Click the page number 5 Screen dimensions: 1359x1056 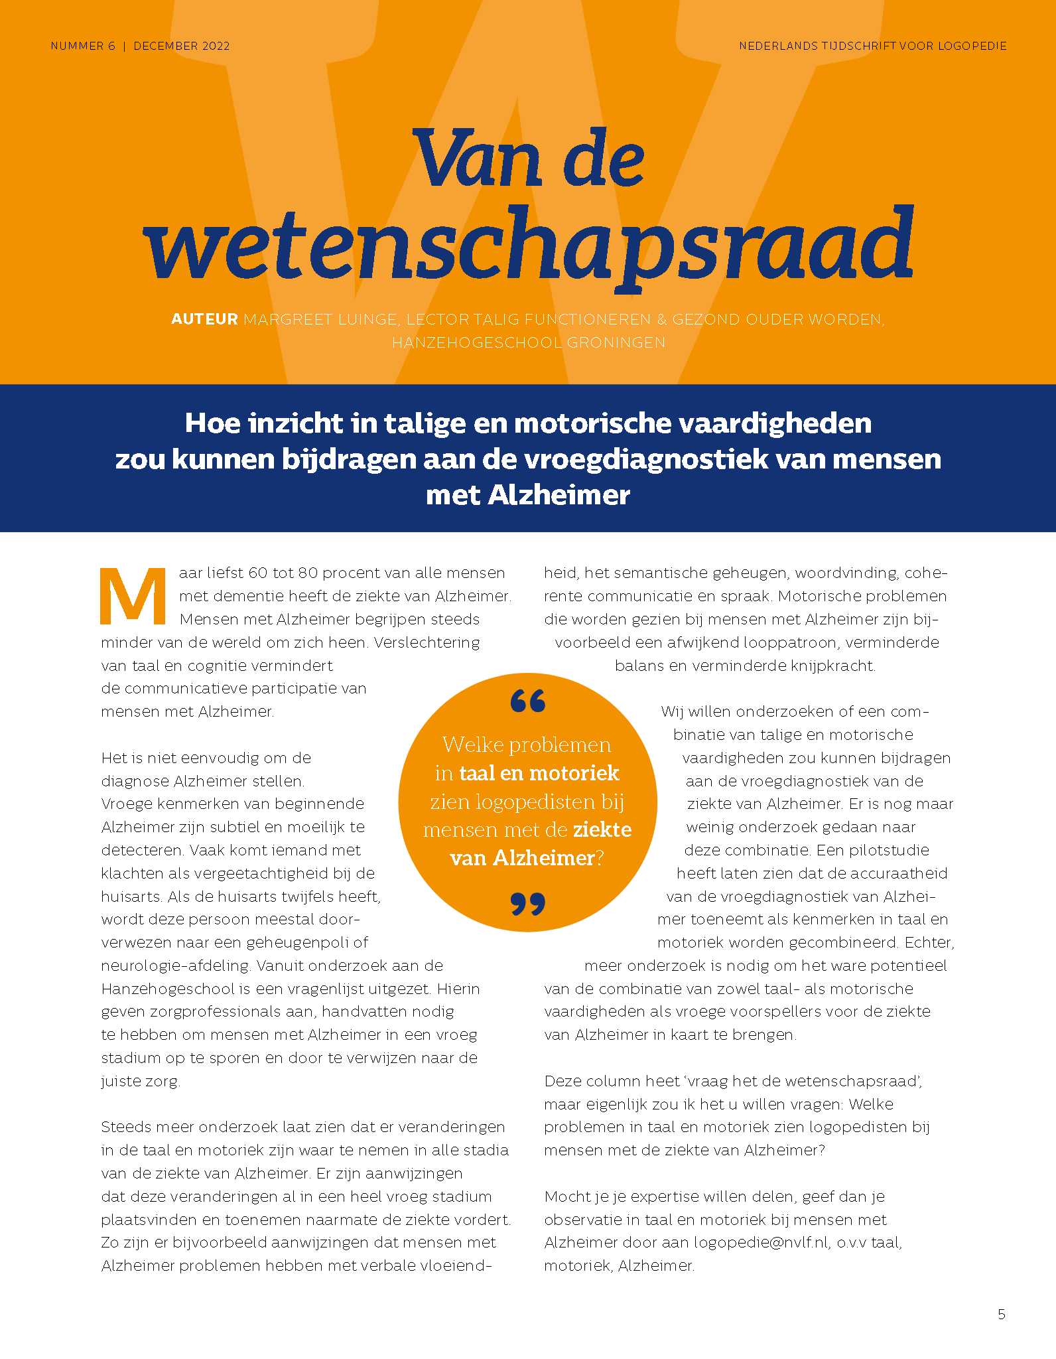tap(1002, 1314)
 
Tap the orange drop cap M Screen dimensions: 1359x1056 tap(133, 596)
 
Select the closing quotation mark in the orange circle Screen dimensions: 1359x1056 tap(528, 904)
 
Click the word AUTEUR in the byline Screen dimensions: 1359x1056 tap(204, 319)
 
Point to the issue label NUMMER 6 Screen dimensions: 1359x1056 tap(83, 46)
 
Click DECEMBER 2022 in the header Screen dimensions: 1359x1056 tap(182, 46)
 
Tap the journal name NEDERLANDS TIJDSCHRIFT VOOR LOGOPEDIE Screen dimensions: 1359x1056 tap(873, 46)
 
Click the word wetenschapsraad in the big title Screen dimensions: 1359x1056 tap(528, 246)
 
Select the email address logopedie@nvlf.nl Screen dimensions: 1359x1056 tap(761, 1242)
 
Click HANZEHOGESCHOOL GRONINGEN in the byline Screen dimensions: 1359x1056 tap(528, 342)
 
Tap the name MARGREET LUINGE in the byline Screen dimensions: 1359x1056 tap(321, 319)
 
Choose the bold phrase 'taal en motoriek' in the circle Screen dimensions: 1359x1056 tap(539, 773)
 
